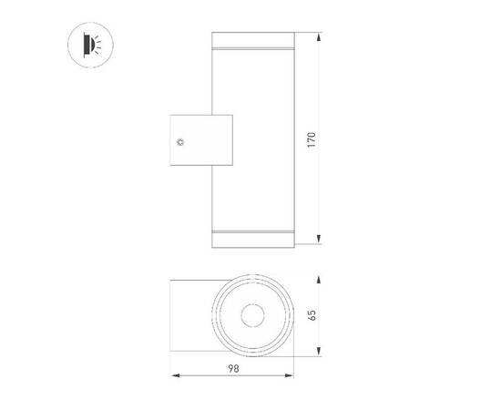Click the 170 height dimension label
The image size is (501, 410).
click(312, 140)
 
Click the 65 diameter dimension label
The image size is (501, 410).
click(312, 315)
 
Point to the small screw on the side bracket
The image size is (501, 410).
click(180, 142)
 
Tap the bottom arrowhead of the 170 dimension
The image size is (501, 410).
click(319, 241)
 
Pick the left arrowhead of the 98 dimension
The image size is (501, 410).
click(174, 374)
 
